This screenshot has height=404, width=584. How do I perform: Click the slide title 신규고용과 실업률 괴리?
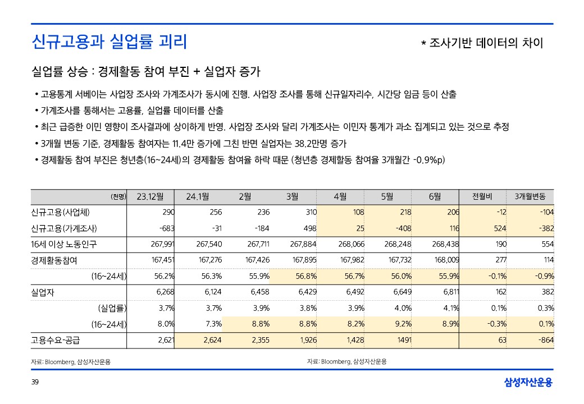[x=109, y=42]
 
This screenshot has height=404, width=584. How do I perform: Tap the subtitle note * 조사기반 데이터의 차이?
[x=482, y=43]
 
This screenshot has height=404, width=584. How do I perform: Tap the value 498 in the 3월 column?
[x=309, y=228]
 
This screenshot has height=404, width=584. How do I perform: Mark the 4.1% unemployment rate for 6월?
[x=451, y=308]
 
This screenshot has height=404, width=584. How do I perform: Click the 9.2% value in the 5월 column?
[x=402, y=324]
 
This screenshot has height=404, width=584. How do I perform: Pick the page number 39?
[x=35, y=382]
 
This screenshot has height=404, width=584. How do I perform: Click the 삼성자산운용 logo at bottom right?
[x=528, y=383]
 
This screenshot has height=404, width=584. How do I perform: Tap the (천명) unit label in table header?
[x=120, y=196]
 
